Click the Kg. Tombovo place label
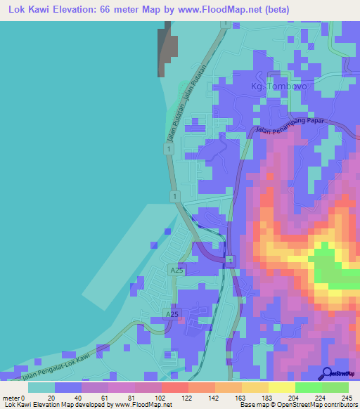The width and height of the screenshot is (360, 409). pos(276,86)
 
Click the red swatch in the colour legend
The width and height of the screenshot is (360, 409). pos(174,387)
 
